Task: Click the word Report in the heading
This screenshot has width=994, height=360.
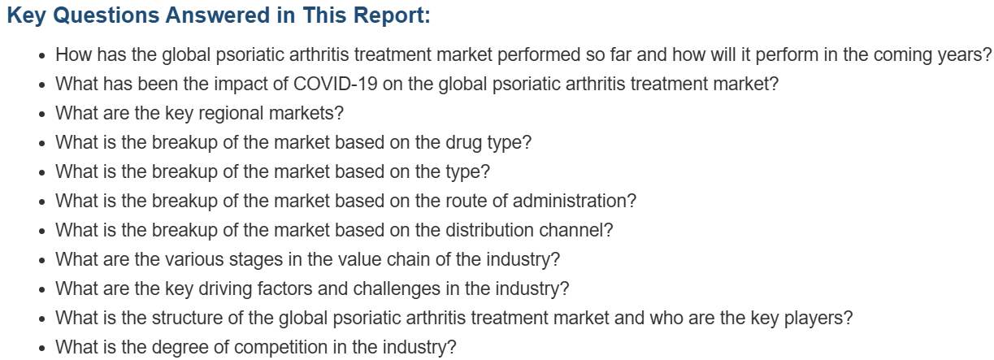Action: (388, 15)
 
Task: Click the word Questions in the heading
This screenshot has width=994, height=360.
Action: (106, 16)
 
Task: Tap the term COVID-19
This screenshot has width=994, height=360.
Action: (336, 84)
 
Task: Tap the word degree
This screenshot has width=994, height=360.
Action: (181, 348)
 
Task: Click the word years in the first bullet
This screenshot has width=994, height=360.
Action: (959, 55)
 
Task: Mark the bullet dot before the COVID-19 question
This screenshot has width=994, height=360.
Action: (42, 85)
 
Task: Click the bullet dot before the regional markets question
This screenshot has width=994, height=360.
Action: (42, 114)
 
